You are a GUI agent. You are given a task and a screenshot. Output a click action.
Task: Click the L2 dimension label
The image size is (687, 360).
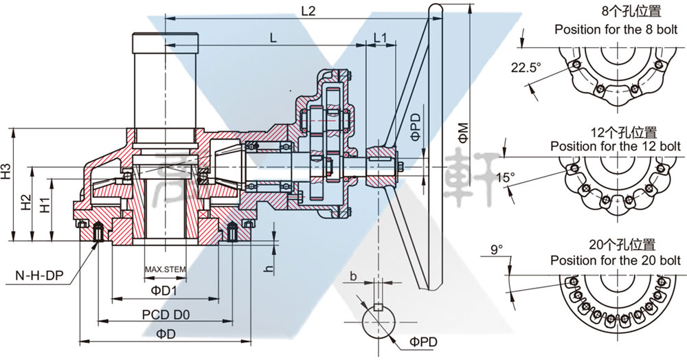(x=308, y=12)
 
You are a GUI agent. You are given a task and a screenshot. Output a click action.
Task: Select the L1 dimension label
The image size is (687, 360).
(x=381, y=38)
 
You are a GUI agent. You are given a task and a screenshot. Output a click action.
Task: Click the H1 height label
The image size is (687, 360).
(x=45, y=204)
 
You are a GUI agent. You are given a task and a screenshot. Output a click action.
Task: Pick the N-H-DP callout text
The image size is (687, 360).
(x=39, y=276)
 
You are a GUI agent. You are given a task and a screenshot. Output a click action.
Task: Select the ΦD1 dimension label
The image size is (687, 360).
(x=165, y=291)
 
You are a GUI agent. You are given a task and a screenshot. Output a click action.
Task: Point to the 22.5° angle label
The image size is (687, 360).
(x=526, y=67)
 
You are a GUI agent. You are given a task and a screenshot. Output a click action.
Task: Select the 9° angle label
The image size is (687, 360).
(x=497, y=249)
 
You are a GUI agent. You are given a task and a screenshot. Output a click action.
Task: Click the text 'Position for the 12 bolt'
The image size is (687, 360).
(x=616, y=146)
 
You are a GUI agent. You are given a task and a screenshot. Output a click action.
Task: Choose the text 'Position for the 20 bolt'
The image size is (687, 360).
(x=616, y=260)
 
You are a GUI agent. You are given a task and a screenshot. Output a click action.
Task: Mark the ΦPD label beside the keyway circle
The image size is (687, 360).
(x=423, y=341)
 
